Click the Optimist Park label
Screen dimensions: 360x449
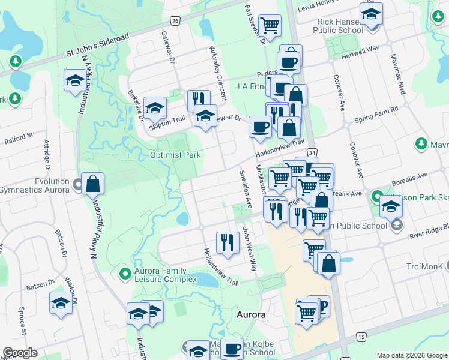[x=175, y=155]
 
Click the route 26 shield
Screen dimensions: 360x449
[x=175, y=21]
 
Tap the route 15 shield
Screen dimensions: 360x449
[x=361, y=338]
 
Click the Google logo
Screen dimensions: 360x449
[x=20, y=353]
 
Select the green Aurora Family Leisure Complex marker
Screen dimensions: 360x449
[x=125, y=274]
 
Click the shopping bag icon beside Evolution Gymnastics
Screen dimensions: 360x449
[x=93, y=184]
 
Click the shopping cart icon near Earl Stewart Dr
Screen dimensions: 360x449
[x=270, y=25]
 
